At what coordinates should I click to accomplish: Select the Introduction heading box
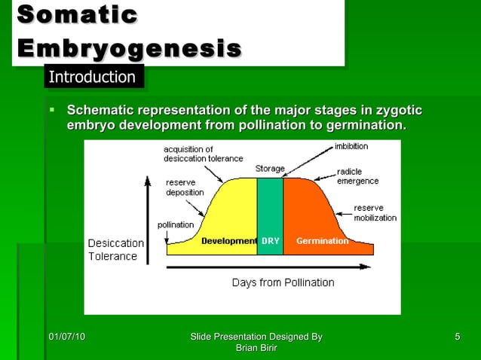(92, 77)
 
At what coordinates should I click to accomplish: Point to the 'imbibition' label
(351, 146)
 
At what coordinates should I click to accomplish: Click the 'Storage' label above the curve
(269, 168)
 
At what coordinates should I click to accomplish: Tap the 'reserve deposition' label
(185, 187)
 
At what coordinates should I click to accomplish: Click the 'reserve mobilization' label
(375, 212)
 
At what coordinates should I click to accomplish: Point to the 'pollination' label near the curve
(175, 224)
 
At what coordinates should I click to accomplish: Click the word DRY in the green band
(270, 241)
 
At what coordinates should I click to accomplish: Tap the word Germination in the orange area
(322, 241)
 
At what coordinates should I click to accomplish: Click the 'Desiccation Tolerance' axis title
(116, 249)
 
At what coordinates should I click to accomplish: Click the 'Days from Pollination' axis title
(283, 282)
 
